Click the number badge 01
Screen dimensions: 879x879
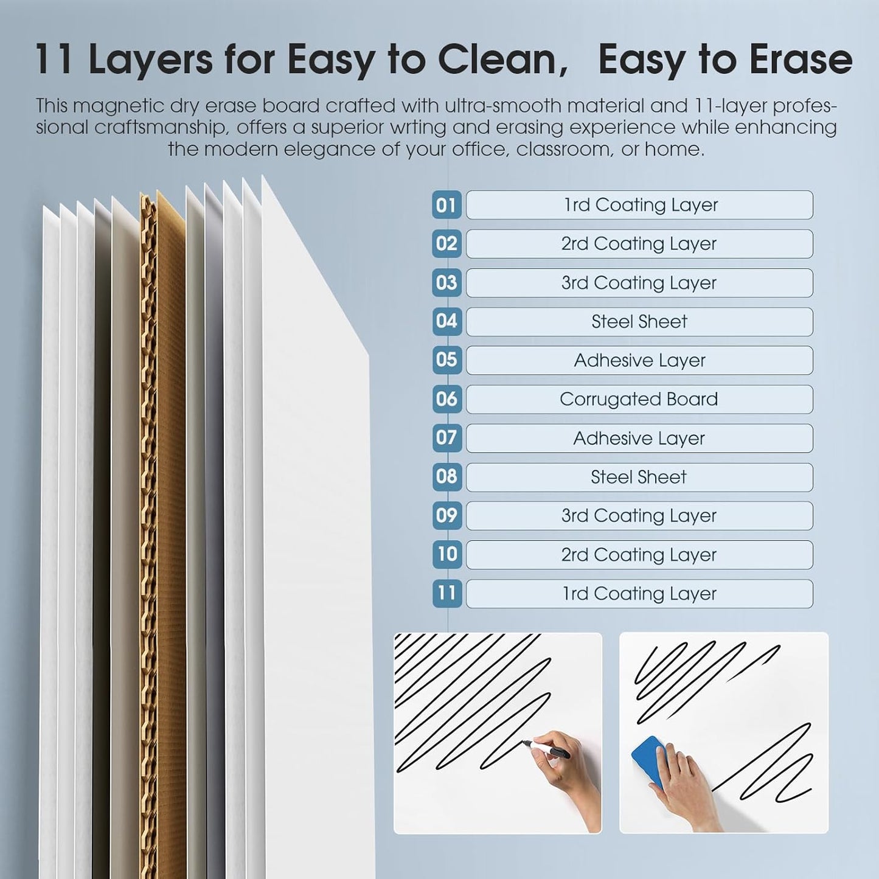446,205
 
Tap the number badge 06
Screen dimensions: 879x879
446,399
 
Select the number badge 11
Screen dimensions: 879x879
446,594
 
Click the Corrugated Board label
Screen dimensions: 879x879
639,399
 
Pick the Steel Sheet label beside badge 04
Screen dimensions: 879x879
639,322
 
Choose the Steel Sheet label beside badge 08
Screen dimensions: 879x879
639,477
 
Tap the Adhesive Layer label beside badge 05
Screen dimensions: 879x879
639,360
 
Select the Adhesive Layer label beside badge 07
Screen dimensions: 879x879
639,439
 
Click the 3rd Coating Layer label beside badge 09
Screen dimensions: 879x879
639,516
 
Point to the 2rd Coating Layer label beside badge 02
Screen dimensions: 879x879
639,243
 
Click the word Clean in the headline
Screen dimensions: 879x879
502,60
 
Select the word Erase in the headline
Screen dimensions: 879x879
801,60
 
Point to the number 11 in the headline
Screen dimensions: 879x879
54,60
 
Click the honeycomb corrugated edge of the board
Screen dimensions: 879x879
148,533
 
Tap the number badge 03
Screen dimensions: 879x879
446,283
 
